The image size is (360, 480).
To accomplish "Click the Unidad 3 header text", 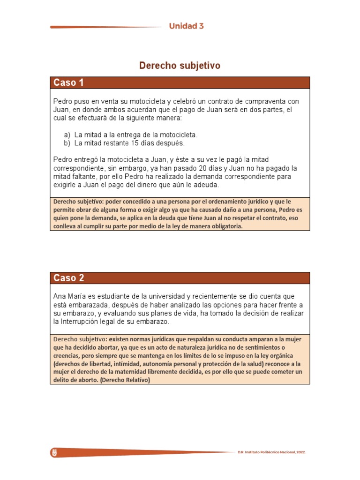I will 186,26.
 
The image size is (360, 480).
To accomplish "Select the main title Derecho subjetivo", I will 180,66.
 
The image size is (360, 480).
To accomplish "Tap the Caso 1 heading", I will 68,83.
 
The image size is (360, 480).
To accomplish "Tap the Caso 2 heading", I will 68,278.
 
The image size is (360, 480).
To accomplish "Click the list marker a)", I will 67,135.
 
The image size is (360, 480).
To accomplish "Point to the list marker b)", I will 67,143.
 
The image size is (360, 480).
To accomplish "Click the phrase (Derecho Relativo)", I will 125,380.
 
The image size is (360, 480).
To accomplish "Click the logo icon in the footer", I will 54,452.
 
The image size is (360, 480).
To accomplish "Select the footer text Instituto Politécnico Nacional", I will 271,452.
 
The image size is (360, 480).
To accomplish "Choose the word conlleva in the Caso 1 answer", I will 66,226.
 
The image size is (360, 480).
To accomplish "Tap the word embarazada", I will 86,305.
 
